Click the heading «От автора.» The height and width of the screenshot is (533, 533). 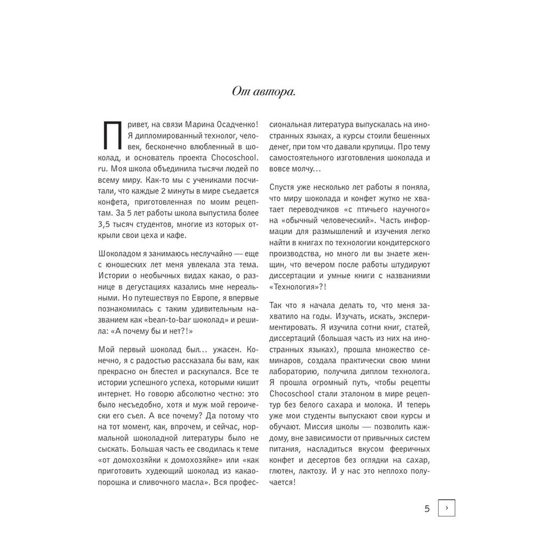(x=264, y=91)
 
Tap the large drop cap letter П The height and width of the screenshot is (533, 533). (x=111, y=136)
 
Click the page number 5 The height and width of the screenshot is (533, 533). (x=427, y=508)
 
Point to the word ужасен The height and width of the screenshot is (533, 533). (x=224, y=350)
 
